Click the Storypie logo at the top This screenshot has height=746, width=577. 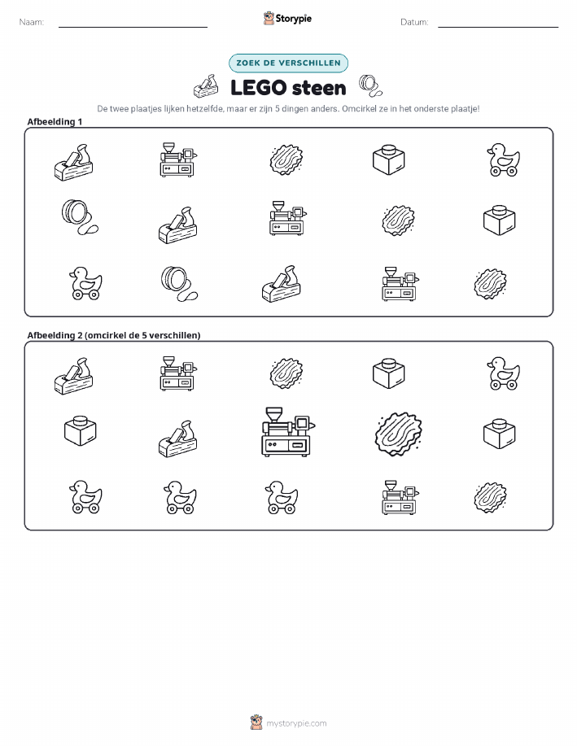(287, 19)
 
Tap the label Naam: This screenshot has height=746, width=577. (32, 22)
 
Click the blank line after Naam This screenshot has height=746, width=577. (133, 27)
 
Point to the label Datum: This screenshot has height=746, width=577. (414, 22)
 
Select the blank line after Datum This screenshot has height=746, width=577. (498, 27)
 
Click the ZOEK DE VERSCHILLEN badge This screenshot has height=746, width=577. (288, 63)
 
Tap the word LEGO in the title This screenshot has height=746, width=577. (259, 88)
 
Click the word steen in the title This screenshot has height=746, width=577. (318, 88)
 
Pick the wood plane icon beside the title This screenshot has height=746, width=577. (206, 86)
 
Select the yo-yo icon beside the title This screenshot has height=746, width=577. (370, 85)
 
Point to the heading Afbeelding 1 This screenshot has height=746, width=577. (55, 122)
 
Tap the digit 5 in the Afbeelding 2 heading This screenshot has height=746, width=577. (144, 335)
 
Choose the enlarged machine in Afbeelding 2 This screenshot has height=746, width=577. (288, 431)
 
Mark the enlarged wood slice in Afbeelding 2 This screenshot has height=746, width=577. (399, 434)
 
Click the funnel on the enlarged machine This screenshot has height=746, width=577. (274, 414)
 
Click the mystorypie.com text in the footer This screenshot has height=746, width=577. (296, 723)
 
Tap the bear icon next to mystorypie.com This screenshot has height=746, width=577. (256, 722)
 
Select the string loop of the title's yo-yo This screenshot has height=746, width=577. (377, 89)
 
